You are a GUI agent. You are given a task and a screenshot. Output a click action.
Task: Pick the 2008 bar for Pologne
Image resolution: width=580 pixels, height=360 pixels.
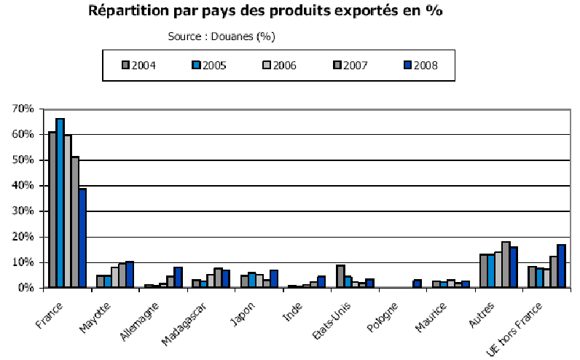[418, 283]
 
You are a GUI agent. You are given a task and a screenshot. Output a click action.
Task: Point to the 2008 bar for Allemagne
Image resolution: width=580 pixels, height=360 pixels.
[178, 278]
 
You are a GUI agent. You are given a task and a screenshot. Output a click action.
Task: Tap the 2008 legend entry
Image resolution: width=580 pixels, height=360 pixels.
[422, 65]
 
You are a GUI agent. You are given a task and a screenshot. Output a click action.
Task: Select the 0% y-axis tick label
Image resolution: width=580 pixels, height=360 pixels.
[26, 288]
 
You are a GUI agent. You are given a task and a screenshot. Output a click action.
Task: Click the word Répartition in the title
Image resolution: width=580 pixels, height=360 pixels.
[130, 12]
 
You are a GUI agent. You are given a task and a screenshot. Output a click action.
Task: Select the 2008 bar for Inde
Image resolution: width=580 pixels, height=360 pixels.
[321, 282]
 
